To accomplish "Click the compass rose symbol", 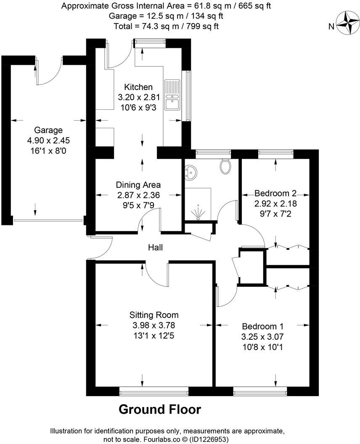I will [349, 24].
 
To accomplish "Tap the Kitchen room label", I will [138, 87].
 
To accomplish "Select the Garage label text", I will [49, 130].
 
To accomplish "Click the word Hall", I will [155, 248].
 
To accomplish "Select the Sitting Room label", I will [154, 315].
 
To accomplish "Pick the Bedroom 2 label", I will [275, 194].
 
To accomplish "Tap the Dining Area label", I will [138, 185].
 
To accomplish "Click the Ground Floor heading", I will [160, 409].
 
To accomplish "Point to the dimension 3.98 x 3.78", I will [154, 325].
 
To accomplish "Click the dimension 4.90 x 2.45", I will [49, 140].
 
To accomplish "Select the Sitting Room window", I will [154, 393].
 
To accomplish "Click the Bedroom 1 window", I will [260, 393].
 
